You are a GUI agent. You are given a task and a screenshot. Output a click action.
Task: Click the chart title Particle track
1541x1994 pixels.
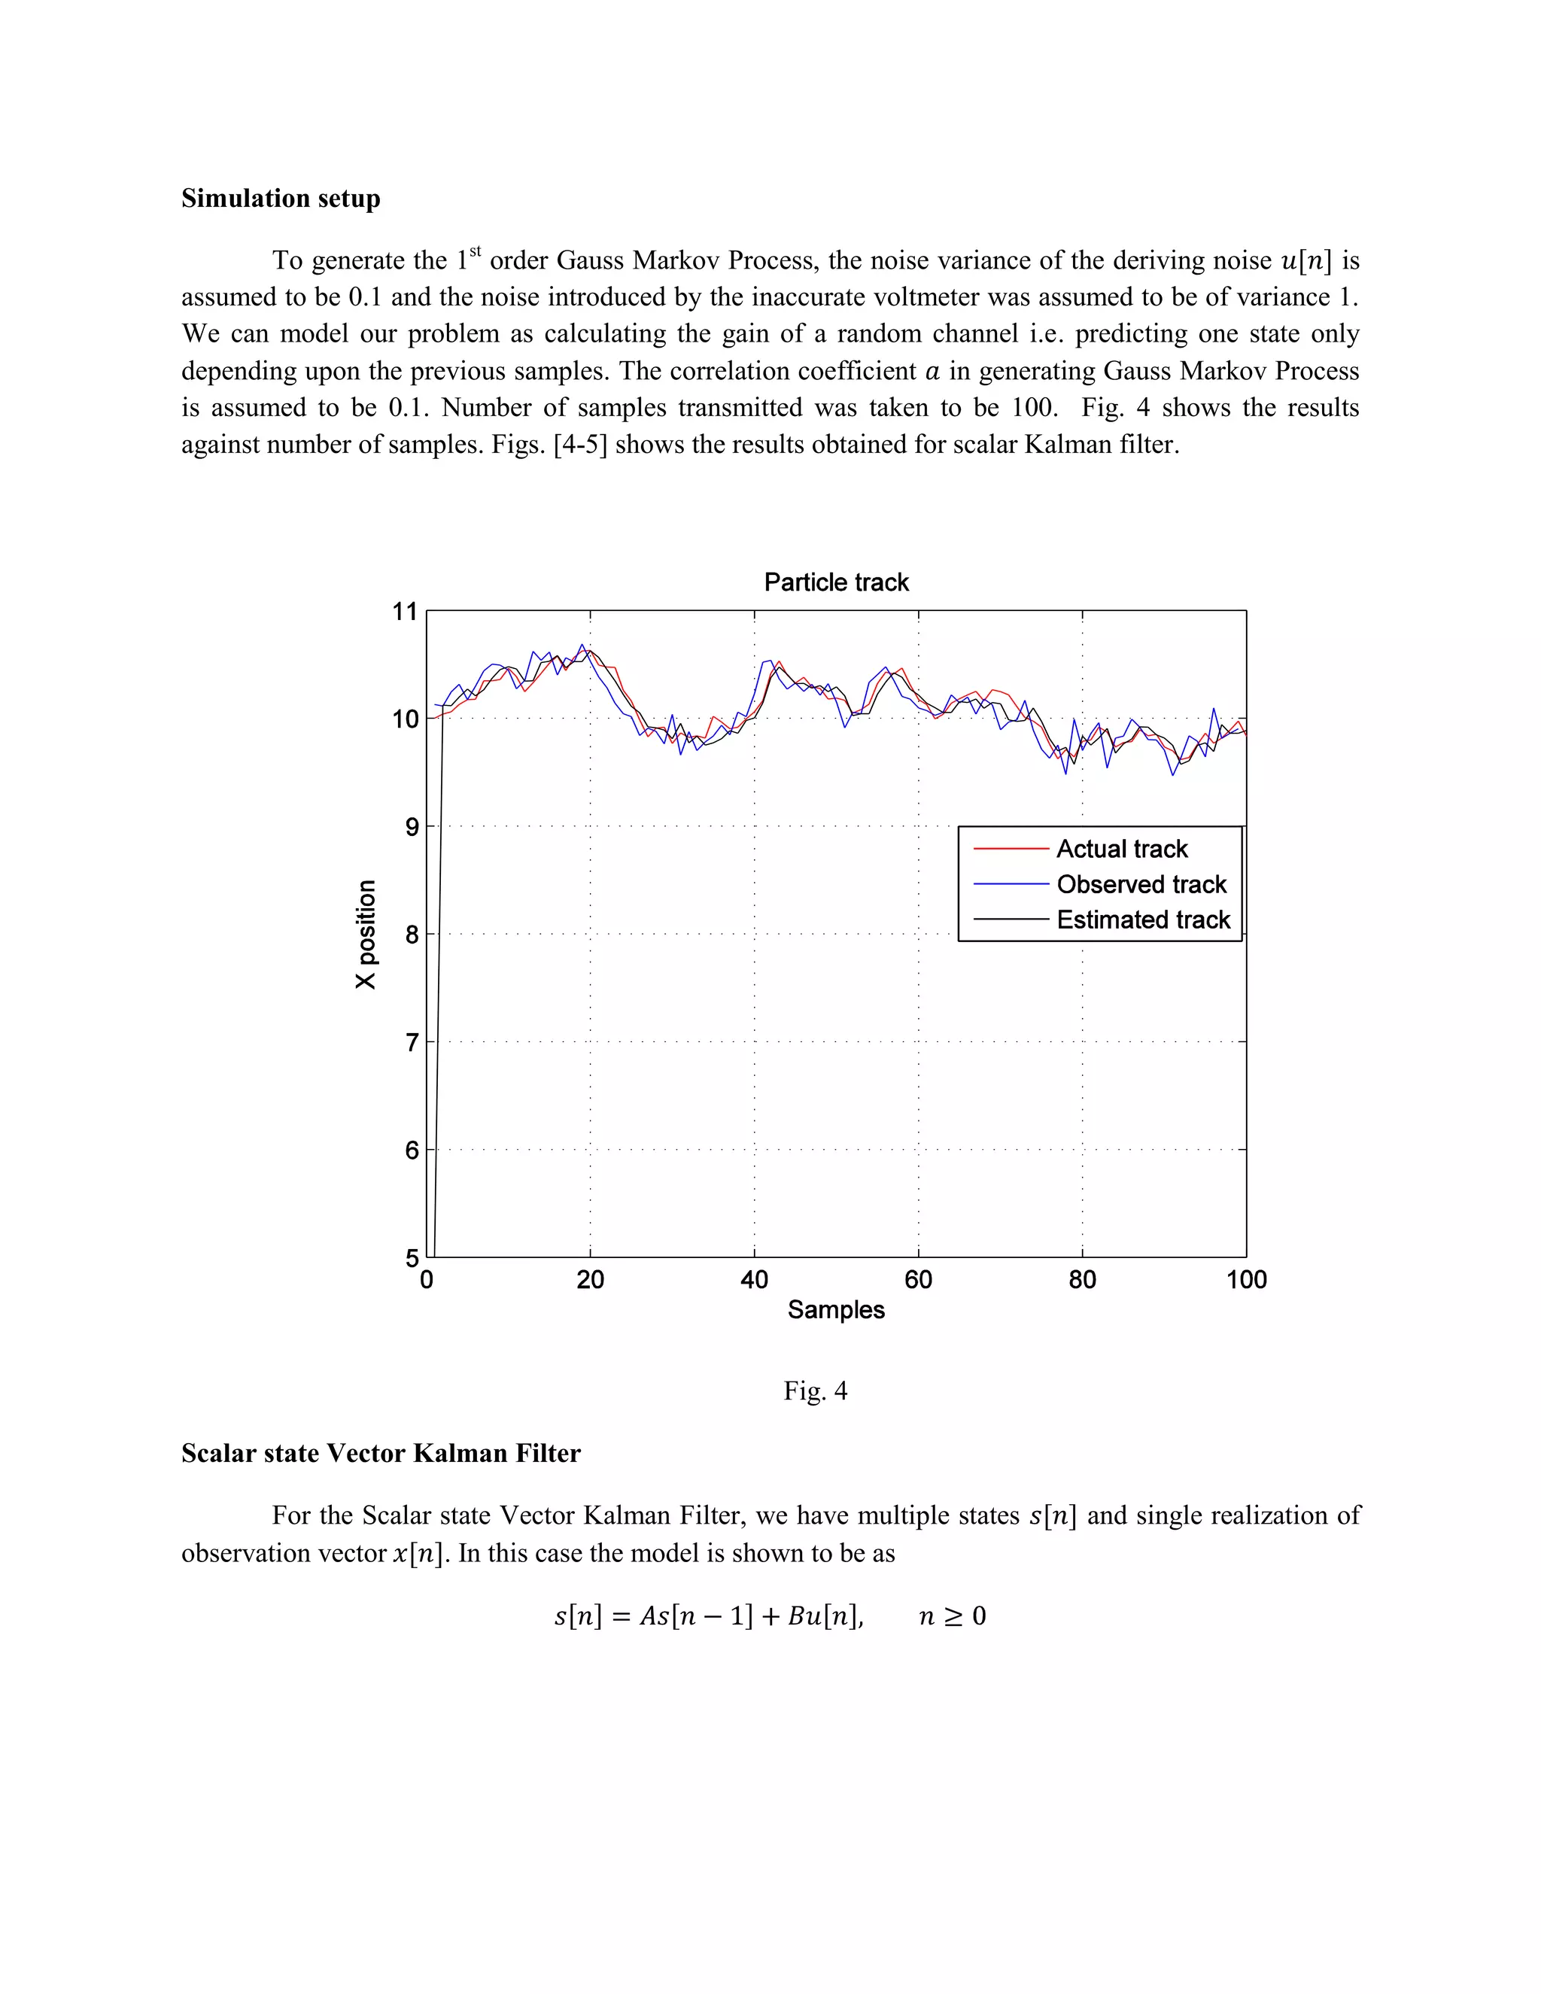835,582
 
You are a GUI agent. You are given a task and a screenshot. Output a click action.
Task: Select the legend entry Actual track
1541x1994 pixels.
1121,849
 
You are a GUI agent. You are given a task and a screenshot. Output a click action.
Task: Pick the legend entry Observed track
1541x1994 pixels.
1141,885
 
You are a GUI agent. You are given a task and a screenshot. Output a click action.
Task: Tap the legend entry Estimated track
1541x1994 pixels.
1143,920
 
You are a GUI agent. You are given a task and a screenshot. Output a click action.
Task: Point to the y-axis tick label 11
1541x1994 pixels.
404,612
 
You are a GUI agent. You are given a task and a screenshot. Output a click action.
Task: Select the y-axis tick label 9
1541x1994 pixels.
411,827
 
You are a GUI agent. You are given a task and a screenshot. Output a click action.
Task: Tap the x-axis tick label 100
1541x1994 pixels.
1245,1280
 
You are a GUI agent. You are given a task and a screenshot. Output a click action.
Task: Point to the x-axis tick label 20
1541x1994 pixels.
590,1280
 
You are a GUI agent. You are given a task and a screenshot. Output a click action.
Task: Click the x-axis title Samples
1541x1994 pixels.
835,1310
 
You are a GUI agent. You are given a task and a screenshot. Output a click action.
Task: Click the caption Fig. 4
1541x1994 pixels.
815,1391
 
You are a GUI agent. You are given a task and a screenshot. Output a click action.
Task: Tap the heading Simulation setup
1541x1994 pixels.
280,198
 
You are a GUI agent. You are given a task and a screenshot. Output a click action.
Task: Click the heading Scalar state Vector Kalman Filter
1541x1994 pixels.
380,1454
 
